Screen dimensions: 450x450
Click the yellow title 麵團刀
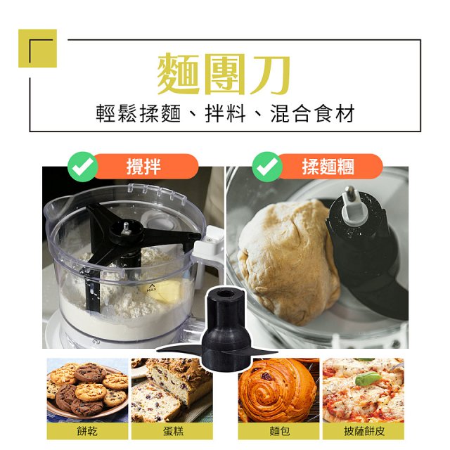point(225,73)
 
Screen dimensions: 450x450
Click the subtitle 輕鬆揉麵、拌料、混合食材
point(225,113)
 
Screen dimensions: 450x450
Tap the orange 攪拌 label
point(144,167)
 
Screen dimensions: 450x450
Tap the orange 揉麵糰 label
point(328,167)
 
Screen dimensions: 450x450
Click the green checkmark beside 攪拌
point(83,167)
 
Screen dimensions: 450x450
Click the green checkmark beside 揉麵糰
point(267,167)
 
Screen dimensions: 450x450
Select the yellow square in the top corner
point(37,48)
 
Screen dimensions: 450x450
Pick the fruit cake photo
point(171,390)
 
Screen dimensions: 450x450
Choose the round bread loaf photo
point(277,390)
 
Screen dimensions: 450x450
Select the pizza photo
point(363,390)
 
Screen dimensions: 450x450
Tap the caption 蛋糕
point(171,431)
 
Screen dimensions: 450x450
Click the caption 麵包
point(277,431)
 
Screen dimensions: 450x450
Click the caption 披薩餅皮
point(363,431)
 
